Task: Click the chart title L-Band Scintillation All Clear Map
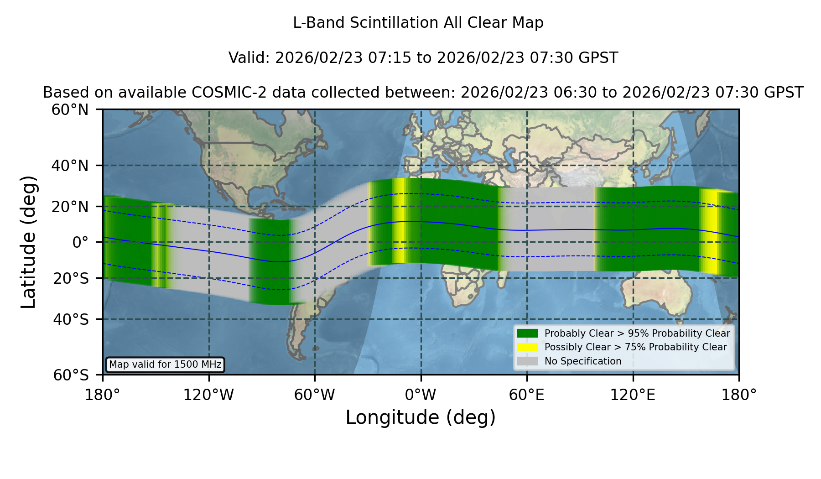[x=418, y=23]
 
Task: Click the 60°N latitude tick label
[x=70, y=110]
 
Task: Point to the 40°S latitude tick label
[x=71, y=319]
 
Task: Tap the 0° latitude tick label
[x=80, y=242]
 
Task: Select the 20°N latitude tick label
[x=70, y=207]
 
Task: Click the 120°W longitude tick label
[x=208, y=395]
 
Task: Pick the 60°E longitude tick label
[x=527, y=395]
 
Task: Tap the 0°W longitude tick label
[x=421, y=395]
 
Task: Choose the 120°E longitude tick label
[x=633, y=395]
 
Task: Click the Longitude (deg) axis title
[x=421, y=417]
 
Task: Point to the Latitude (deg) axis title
[x=28, y=242]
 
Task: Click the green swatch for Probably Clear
[x=528, y=333]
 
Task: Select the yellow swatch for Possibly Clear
[x=528, y=347]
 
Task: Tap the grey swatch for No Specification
[x=528, y=361]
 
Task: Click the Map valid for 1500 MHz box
[x=165, y=364]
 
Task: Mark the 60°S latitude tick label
[x=71, y=375]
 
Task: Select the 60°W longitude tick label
[x=315, y=395]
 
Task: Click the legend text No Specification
[x=583, y=361]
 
